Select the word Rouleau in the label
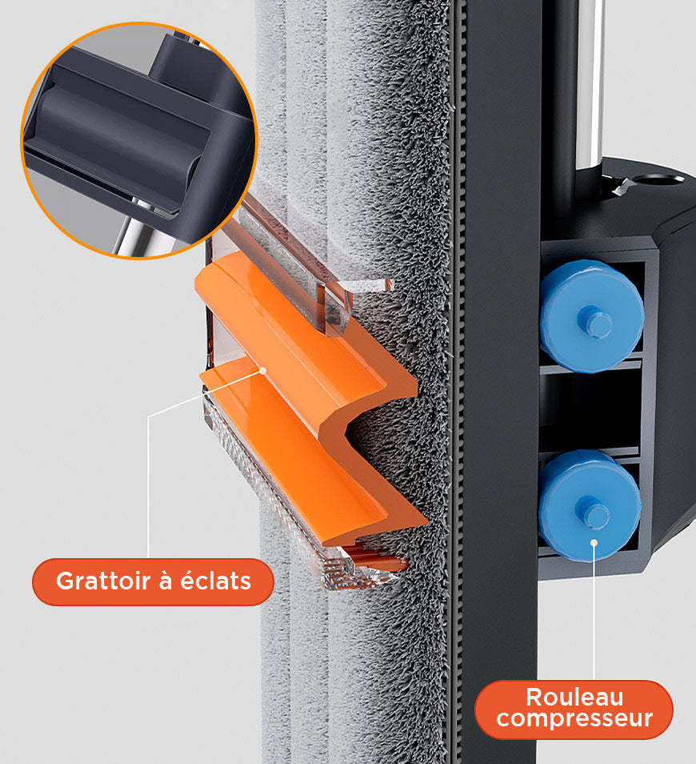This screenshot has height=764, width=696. coord(574,698)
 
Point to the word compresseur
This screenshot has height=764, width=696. coord(574,718)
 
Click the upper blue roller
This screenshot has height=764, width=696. coord(592,316)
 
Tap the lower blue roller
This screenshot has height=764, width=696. coord(589,505)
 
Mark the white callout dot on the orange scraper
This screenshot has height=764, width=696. coord(263,371)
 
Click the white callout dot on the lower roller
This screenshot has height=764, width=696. coord(594,542)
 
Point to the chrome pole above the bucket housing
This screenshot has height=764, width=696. coord(590,82)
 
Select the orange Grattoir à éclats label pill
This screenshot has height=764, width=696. coord(154,581)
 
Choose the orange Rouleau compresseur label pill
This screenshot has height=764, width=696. coord(574,709)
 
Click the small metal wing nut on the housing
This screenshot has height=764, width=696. coord(623,187)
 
